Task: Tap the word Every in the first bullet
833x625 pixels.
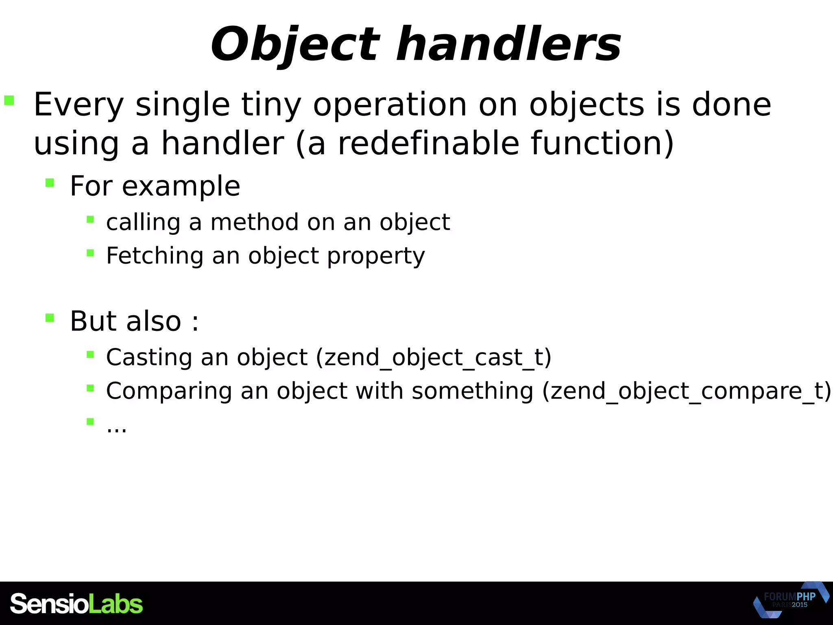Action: tap(79, 105)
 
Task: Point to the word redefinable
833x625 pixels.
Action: tap(429, 143)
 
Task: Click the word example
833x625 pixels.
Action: tap(181, 186)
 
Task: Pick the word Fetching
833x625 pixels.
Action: tap(155, 256)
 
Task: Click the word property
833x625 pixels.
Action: tap(376, 256)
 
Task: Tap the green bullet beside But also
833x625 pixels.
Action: tap(50, 317)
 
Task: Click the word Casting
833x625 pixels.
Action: tap(149, 357)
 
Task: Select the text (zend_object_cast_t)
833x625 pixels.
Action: tap(434, 358)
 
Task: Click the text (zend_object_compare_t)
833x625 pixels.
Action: tap(687, 391)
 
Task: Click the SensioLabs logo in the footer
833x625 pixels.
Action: tap(76, 604)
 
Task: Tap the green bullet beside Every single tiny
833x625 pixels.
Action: tap(9, 100)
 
